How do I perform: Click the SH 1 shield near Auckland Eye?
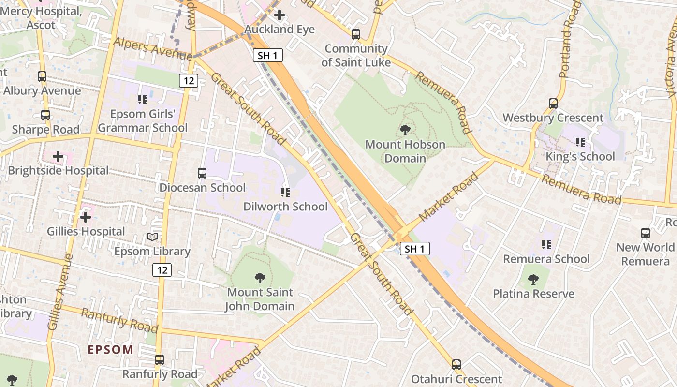click(x=268, y=55)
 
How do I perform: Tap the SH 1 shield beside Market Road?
click(x=415, y=249)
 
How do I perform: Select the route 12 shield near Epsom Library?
click(x=162, y=270)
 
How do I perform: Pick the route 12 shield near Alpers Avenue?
click(x=188, y=81)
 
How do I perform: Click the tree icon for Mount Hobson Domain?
click(x=405, y=130)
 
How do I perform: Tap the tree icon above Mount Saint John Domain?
click(x=260, y=278)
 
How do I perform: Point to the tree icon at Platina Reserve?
click(x=533, y=279)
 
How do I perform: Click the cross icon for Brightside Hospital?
click(x=58, y=156)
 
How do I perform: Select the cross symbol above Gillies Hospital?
click(x=86, y=217)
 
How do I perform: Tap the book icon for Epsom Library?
click(x=152, y=237)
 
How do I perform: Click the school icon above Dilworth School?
click(x=285, y=193)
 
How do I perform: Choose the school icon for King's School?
click(x=580, y=142)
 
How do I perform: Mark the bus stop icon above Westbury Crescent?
click(x=553, y=103)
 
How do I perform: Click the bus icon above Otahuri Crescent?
click(x=456, y=365)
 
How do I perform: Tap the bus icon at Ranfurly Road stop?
click(x=160, y=360)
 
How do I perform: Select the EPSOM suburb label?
click(x=110, y=349)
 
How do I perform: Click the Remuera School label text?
click(x=546, y=259)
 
